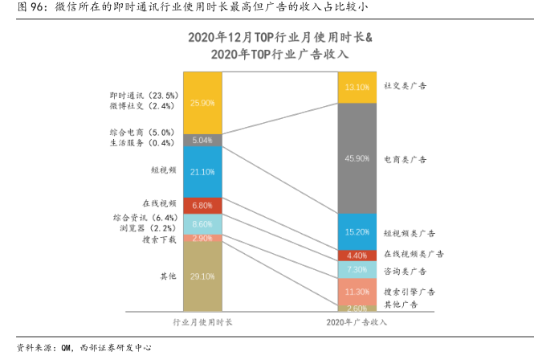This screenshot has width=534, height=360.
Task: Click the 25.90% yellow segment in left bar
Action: tap(202, 103)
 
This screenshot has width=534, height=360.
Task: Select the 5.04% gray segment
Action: tap(202, 140)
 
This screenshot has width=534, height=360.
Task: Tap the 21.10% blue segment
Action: tap(202, 171)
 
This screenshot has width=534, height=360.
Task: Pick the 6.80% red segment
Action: tap(202, 205)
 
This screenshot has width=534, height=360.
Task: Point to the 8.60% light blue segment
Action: tap(202, 224)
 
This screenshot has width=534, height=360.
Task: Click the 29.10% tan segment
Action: tap(202, 276)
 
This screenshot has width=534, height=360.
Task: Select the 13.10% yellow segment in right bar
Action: tap(357, 87)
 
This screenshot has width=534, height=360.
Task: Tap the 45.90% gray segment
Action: tap(357, 157)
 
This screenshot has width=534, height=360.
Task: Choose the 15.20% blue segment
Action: tap(357, 231)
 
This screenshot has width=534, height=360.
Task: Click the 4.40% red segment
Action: tap(357, 256)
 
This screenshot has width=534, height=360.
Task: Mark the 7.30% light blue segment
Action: tap(357, 270)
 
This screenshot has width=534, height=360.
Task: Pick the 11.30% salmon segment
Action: tap(357, 291)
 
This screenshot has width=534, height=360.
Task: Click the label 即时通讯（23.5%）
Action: tap(144, 94)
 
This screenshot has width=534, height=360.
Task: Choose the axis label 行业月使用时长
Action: tap(203, 322)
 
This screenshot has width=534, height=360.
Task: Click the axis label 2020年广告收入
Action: tap(357, 322)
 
